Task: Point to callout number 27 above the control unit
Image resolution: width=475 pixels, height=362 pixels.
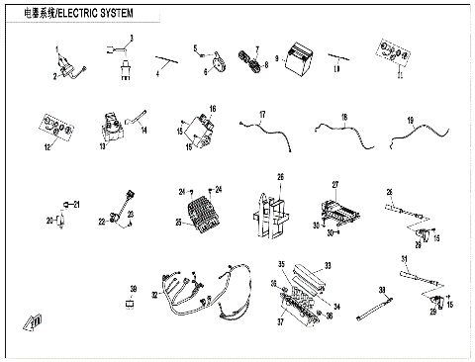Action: point(335,185)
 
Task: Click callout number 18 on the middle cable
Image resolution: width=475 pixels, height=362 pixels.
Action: point(343,118)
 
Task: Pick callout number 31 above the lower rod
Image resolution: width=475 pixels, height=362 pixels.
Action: point(404,258)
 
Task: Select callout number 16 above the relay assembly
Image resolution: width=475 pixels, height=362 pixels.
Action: point(212,107)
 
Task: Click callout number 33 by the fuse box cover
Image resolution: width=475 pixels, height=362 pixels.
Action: point(329,265)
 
